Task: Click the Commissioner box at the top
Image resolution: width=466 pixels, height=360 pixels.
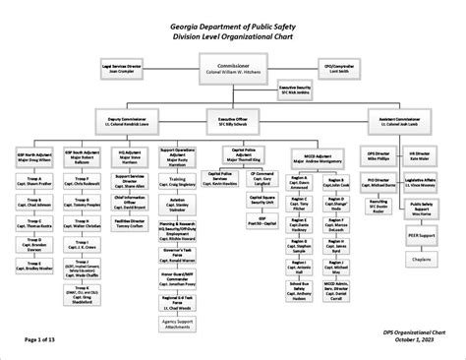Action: pos(232,69)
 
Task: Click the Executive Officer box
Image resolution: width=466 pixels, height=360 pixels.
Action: pos(232,121)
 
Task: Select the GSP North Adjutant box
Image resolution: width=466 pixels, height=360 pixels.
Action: pos(34,155)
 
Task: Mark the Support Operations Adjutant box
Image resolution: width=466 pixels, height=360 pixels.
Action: pos(182,157)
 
